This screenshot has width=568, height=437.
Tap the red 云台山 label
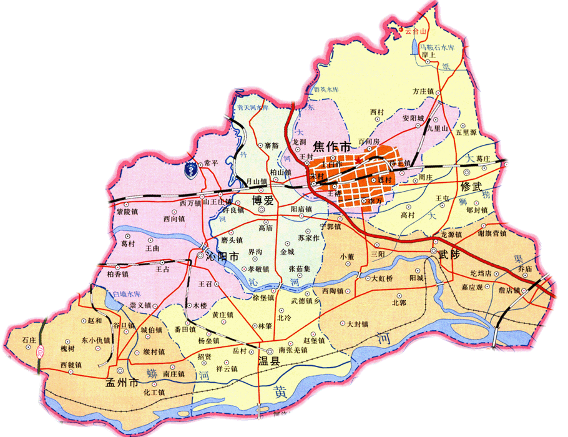point(416,29)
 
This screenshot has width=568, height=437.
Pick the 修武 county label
point(474,187)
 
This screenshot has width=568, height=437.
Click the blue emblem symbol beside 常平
point(189,168)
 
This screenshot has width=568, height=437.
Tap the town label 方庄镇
point(427,91)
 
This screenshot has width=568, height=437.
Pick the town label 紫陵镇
point(127,212)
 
